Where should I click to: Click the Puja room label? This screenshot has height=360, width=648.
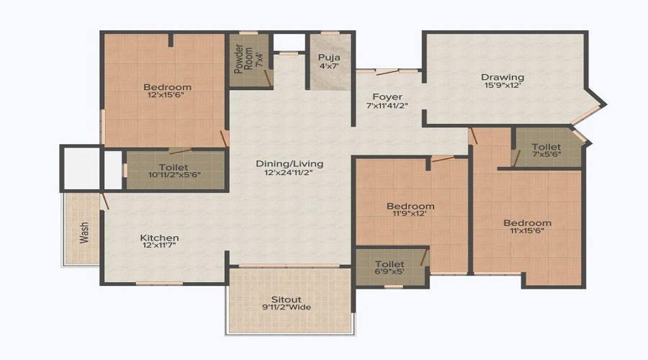point(329,56)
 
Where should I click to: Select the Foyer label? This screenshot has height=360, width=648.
point(387,96)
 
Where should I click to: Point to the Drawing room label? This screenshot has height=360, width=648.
point(502,77)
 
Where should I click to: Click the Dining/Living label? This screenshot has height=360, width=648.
point(289,163)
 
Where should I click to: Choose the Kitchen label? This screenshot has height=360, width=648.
point(159,238)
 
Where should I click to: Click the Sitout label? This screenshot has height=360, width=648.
point(286,299)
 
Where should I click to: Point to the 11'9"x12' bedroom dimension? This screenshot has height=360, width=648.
point(410,215)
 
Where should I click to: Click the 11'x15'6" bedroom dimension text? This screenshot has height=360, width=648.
point(527,232)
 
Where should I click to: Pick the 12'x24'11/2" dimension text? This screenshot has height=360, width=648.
point(289,173)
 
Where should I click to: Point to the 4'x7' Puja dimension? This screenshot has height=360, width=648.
point(329,66)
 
